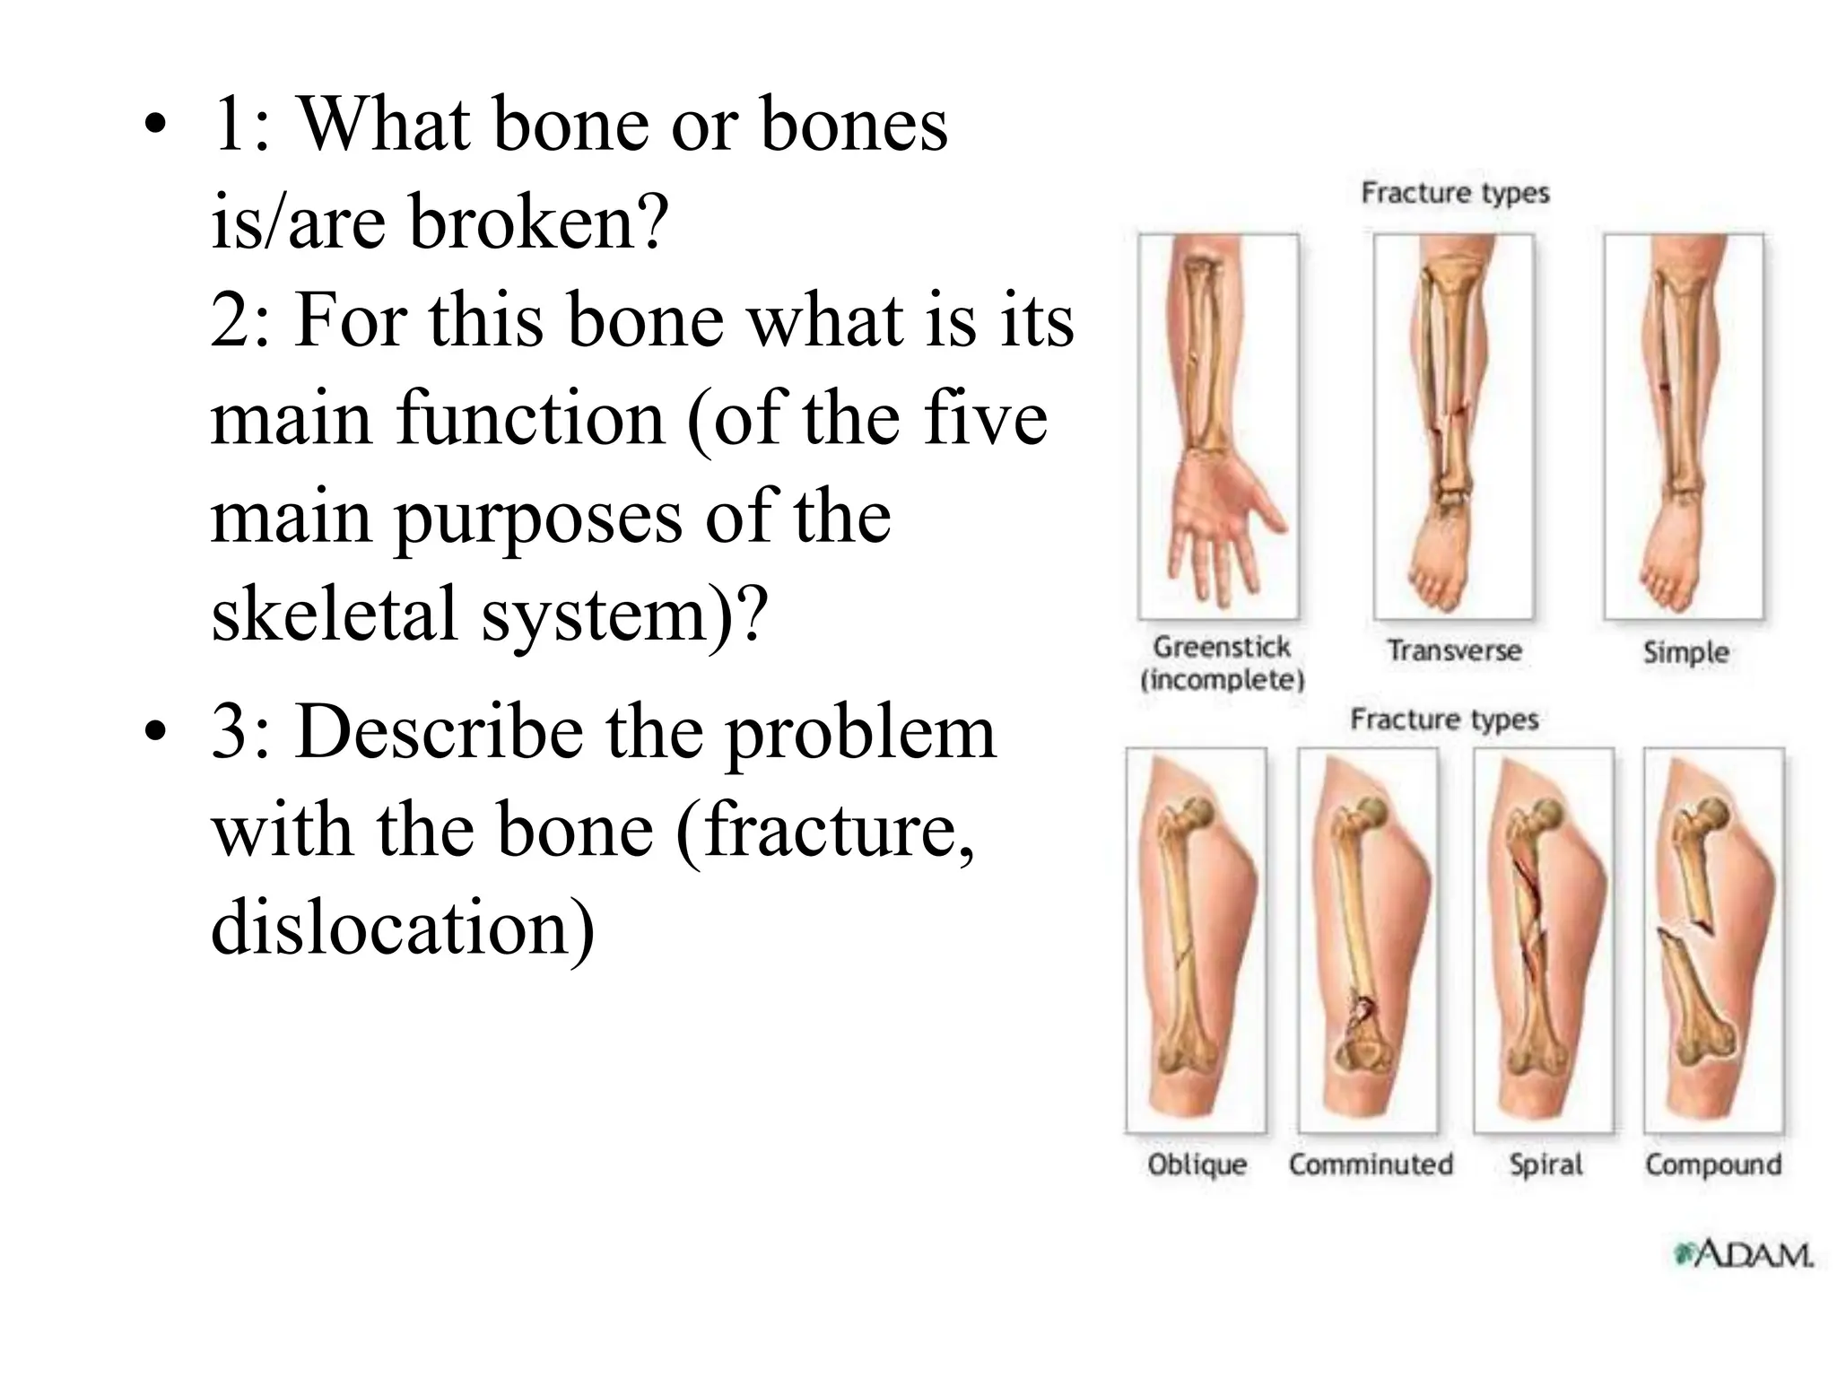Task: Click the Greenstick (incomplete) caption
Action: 1222,663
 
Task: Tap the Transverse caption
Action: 1454,650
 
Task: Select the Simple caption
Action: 1685,652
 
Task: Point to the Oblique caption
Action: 1197,1164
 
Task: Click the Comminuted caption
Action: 1371,1164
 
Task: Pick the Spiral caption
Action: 1545,1164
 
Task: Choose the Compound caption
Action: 1713,1164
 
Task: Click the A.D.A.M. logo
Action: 1743,1254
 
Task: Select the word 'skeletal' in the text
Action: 334,615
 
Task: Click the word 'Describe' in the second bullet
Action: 438,733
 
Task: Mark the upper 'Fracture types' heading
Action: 1455,193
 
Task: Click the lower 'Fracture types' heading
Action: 1444,720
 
